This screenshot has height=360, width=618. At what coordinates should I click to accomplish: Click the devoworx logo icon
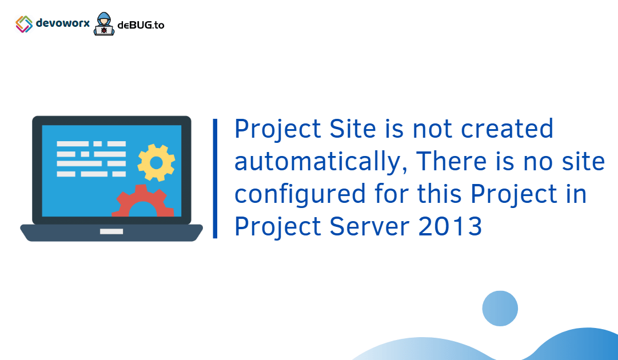(24, 24)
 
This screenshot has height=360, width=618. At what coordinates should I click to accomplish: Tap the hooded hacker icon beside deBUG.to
(104, 25)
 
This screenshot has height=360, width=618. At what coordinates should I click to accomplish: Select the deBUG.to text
(141, 25)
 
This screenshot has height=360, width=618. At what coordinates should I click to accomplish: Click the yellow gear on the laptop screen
(156, 162)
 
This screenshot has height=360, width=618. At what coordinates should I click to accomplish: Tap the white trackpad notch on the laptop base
(111, 231)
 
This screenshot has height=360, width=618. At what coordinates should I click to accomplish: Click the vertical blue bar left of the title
(215, 178)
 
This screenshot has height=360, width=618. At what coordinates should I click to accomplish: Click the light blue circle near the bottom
(500, 309)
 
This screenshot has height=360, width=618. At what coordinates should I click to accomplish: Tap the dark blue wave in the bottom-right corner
(577, 346)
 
